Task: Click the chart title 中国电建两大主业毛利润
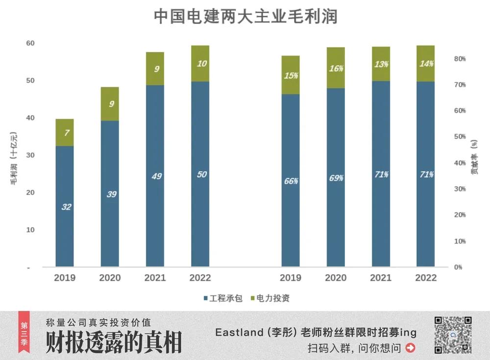[245, 16]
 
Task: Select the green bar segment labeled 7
[65, 132]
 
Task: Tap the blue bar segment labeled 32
[65, 206]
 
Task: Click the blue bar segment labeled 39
[110, 193]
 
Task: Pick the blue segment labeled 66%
[291, 181]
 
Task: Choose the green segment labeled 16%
[336, 68]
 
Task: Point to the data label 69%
[336, 178]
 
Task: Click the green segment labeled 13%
[381, 64]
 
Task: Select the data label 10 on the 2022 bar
[201, 63]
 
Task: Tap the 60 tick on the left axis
[30, 43]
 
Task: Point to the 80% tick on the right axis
[460, 59]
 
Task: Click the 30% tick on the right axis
[460, 189]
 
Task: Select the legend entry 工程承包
[223, 298]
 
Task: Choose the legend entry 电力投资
[270, 298]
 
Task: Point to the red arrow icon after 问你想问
[411, 348]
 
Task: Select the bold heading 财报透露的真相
[114, 342]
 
